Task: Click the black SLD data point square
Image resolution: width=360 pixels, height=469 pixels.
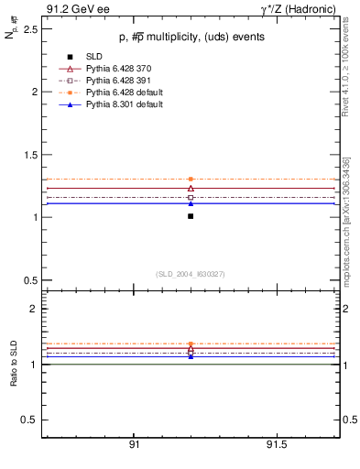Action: click(191, 216)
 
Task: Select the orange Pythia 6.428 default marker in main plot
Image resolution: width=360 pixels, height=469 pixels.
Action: click(191, 179)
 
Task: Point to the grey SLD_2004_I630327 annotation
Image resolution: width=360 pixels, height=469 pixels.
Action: click(191, 273)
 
